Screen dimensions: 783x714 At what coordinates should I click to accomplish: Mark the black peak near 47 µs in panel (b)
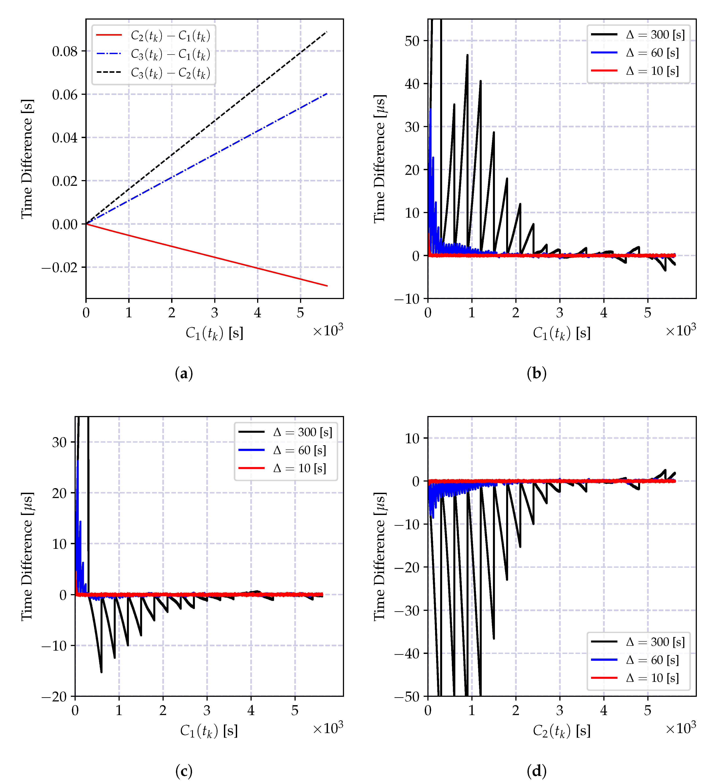click(467, 55)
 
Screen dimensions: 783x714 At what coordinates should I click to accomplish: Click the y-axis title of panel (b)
click(379, 159)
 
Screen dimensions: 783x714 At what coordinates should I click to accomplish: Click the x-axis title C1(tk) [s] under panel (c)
click(209, 731)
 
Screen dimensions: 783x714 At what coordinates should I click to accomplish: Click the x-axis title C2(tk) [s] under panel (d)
click(562, 731)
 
